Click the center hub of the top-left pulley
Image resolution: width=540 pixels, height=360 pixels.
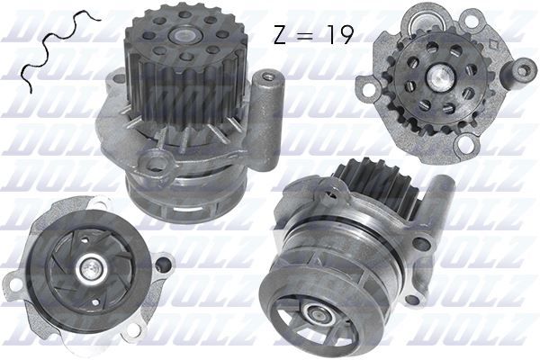pyautogui.click(x=185, y=39)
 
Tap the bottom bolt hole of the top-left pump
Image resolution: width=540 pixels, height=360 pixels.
pyautogui.click(x=157, y=165)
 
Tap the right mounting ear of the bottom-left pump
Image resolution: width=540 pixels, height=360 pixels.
pyautogui.click(x=163, y=265)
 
